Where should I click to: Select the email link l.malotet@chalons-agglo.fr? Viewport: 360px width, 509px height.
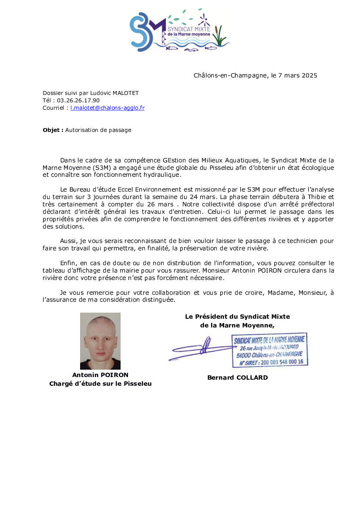click(x=108, y=108)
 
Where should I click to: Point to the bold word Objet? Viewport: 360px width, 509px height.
click(x=53, y=130)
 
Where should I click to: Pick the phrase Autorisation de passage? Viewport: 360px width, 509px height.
click(x=98, y=130)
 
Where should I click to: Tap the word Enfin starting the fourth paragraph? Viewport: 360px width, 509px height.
click(x=69, y=263)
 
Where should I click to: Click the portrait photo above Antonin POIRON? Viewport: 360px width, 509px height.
click(x=100, y=341)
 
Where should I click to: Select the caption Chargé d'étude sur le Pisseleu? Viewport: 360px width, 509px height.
click(x=100, y=384)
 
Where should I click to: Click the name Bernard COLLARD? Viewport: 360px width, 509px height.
click(x=237, y=378)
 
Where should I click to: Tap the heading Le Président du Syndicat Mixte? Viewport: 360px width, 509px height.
click(x=237, y=317)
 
